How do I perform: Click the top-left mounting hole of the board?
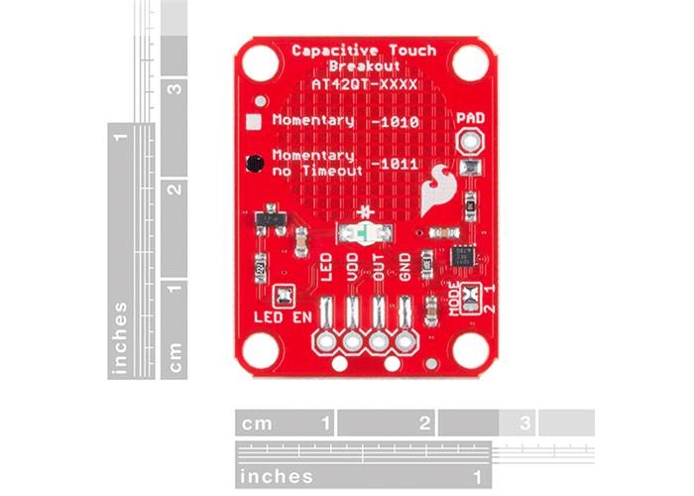[x=260, y=63]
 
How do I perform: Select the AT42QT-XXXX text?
[x=364, y=85]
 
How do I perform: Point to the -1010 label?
[x=392, y=122]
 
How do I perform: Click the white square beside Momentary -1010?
[x=254, y=121]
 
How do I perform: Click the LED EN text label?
[x=283, y=317]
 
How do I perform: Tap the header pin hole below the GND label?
[x=405, y=343]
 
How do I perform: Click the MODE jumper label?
[x=455, y=299]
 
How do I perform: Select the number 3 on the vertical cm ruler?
[x=175, y=87]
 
